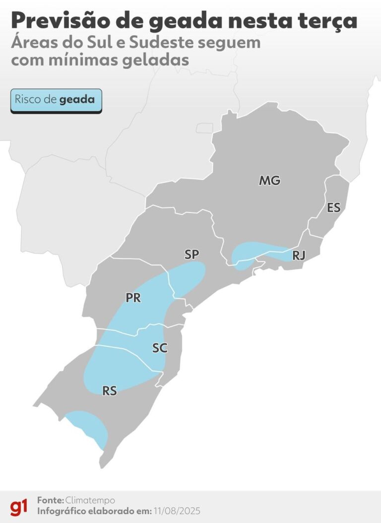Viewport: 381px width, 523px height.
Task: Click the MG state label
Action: [269, 181]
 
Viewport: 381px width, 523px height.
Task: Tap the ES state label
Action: [334, 207]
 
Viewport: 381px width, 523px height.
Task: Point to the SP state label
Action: [191, 255]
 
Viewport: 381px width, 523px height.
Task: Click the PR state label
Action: [133, 298]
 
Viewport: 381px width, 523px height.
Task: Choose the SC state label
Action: [160, 348]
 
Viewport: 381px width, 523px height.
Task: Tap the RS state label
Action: [110, 391]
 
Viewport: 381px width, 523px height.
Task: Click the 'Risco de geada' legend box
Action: [56, 100]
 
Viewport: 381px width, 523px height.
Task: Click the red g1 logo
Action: [19, 507]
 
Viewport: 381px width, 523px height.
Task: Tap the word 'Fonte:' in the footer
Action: [50, 500]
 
